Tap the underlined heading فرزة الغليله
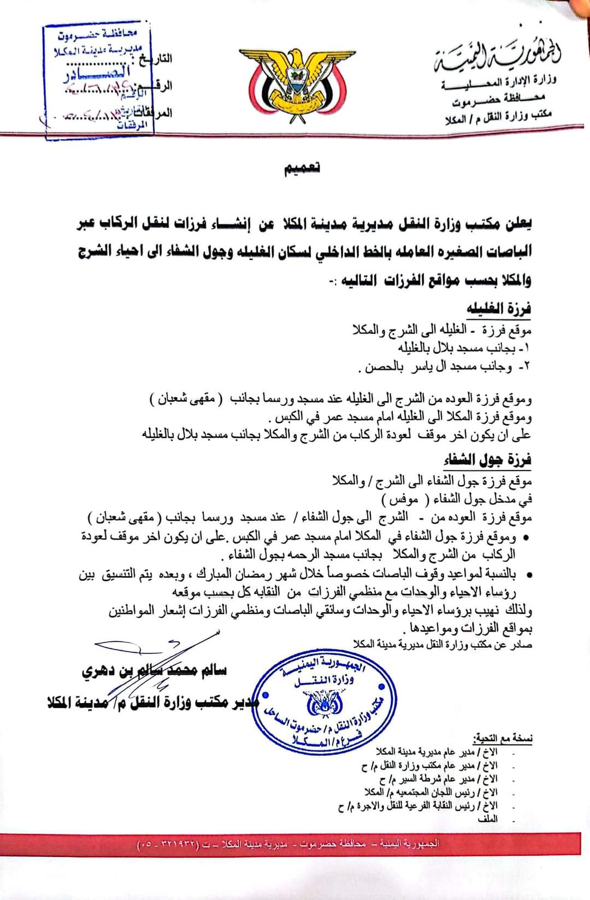(499, 309)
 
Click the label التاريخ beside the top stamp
(161, 58)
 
